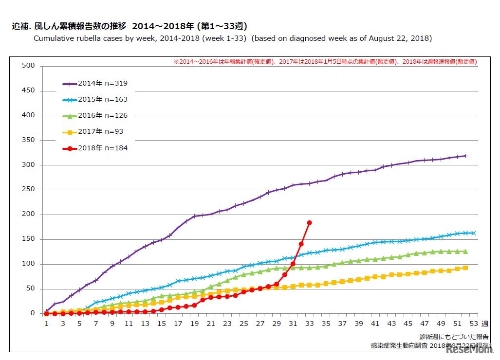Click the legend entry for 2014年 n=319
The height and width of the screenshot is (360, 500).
[95, 84]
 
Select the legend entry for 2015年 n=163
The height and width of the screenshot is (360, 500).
[95, 100]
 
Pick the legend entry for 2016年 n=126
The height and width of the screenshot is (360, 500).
[95, 116]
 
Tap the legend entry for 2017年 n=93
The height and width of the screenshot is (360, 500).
[95, 132]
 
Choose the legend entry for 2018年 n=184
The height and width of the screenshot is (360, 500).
[95, 148]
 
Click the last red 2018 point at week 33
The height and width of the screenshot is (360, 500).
[309, 222]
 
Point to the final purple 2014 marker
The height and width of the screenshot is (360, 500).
[465, 156]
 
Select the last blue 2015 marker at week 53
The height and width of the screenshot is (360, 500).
[474, 233]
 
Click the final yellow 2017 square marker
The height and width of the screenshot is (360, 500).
[465, 268]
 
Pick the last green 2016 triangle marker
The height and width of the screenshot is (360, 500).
[465, 252]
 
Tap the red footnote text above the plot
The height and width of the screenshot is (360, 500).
[325, 62]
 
